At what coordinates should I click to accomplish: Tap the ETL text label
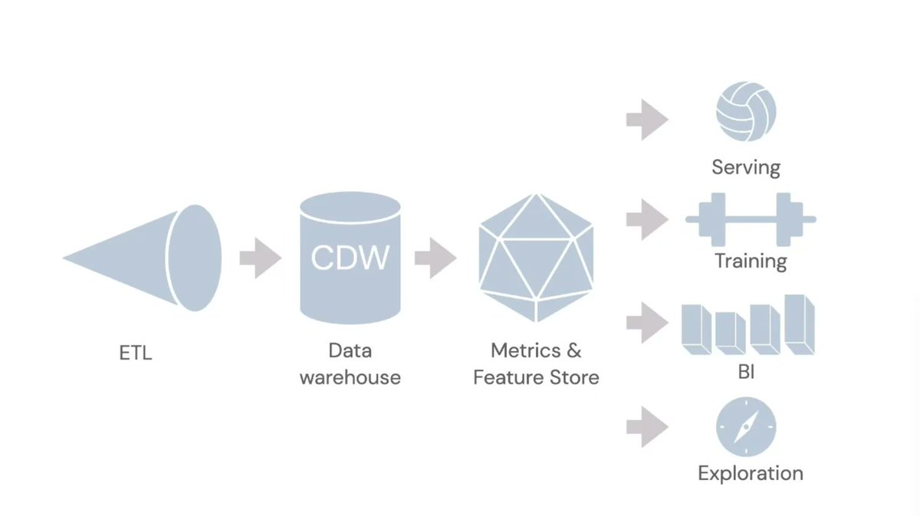pyautogui.click(x=136, y=354)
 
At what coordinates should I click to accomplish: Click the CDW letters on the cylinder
pyautogui.click(x=350, y=257)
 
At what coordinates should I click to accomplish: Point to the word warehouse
pyautogui.click(x=350, y=377)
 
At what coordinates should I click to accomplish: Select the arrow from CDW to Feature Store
pyautogui.click(x=435, y=258)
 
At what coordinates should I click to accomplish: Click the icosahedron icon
pyautogui.click(x=536, y=257)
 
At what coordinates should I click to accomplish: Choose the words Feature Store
pyautogui.click(x=536, y=377)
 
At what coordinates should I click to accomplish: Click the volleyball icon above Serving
pyautogui.click(x=746, y=112)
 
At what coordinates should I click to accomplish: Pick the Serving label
pyautogui.click(x=746, y=167)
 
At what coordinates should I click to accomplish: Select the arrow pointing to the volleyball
pyautogui.click(x=646, y=120)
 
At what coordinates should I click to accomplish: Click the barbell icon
pyautogui.click(x=751, y=219)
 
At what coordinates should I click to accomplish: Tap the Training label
pyautogui.click(x=751, y=261)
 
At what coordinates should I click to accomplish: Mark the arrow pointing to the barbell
pyautogui.click(x=646, y=220)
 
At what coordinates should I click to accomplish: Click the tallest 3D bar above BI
pyautogui.click(x=800, y=324)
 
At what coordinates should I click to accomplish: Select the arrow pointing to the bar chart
pyautogui.click(x=646, y=322)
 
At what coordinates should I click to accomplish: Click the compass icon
pyautogui.click(x=746, y=427)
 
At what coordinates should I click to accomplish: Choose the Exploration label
pyautogui.click(x=751, y=473)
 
